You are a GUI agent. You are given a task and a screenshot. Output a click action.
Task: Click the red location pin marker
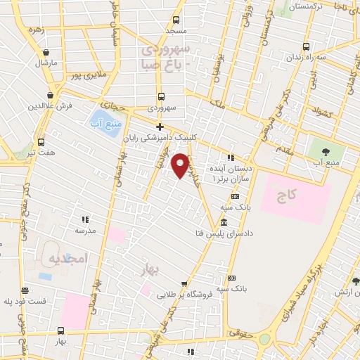coord(181,165)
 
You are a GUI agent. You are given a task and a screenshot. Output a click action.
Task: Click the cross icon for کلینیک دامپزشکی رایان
coord(160,127)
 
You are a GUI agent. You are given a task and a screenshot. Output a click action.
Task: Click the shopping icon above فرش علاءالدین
coord(51,95)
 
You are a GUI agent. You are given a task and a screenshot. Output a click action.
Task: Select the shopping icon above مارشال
coord(46,52)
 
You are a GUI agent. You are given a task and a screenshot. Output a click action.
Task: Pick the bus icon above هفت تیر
coord(41,141)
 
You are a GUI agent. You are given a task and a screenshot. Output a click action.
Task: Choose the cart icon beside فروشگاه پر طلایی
coord(184,283)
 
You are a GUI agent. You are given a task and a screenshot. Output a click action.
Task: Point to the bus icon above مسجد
coord(176,20)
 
